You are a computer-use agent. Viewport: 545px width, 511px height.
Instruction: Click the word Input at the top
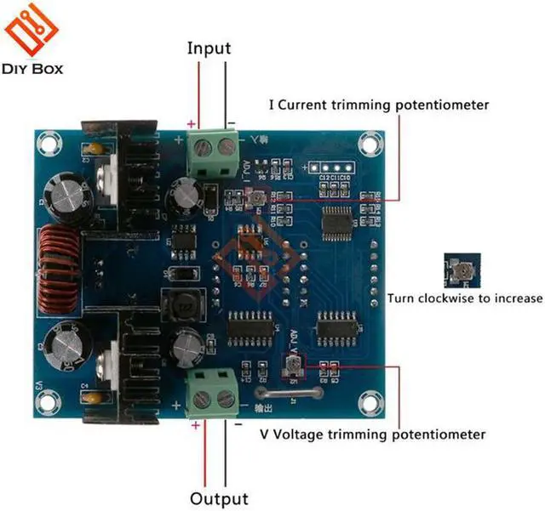point(209,48)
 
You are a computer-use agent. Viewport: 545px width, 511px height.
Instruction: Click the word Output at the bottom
point(219,499)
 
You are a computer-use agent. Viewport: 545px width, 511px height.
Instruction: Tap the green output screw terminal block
point(213,392)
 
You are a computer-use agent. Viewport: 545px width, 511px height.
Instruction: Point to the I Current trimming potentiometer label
point(378,105)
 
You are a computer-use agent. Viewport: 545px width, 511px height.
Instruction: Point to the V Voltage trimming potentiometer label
point(373,434)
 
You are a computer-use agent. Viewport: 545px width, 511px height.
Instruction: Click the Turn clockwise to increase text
point(464,298)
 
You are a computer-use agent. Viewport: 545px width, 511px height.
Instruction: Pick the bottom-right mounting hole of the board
point(369,401)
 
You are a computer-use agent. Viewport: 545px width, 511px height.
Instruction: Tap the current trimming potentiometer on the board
point(255,198)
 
